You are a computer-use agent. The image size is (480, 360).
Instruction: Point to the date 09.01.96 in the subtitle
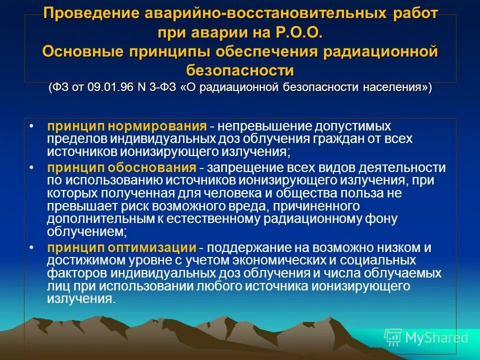(107, 87)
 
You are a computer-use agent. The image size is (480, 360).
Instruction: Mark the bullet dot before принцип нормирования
(32, 125)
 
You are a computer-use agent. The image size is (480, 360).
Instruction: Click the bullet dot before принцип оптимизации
(32, 247)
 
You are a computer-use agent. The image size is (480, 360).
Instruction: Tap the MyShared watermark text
(436, 337)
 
